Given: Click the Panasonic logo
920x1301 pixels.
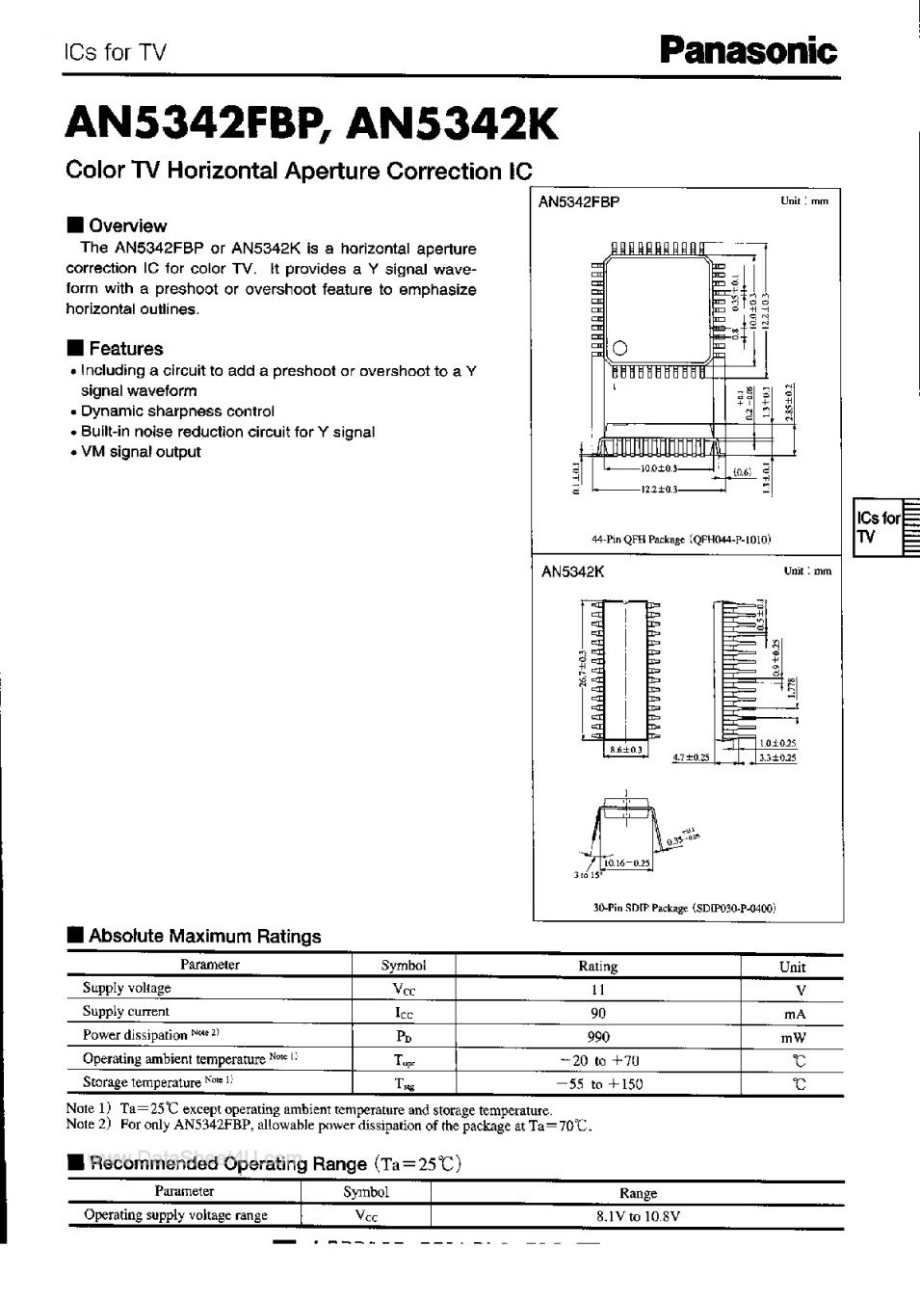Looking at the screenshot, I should click(x=748, y=49).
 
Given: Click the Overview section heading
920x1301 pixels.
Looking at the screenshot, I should click(x=126, y=226).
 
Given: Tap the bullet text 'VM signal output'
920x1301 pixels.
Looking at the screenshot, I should click(x=141, y=452).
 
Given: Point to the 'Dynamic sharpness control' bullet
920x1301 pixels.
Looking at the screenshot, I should click(x=177, y=412).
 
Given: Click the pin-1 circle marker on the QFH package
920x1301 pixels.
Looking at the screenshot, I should click(x=620, y=348).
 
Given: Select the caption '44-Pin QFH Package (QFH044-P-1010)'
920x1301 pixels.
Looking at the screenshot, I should click(x=681, y=540).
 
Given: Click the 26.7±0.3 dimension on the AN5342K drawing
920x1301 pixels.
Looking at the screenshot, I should click(x=584, y=667).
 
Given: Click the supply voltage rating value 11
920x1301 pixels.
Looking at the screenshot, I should click(x=597, y=989).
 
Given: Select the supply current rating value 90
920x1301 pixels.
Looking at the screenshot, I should click(x=597, y=1013).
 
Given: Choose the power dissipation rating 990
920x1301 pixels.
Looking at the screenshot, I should click(x=597, y=1037).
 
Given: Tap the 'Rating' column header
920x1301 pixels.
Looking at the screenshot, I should click(x=597, y=966).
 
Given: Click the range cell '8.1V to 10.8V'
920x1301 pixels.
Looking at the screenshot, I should click(x=638, y=1216).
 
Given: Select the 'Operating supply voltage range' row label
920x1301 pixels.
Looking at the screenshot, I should click(x=175, y=1215).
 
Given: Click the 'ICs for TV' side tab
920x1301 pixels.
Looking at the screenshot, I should click(x=878, y=527).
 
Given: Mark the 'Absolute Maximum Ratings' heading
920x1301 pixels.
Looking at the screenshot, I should click(x=204, y=936).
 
